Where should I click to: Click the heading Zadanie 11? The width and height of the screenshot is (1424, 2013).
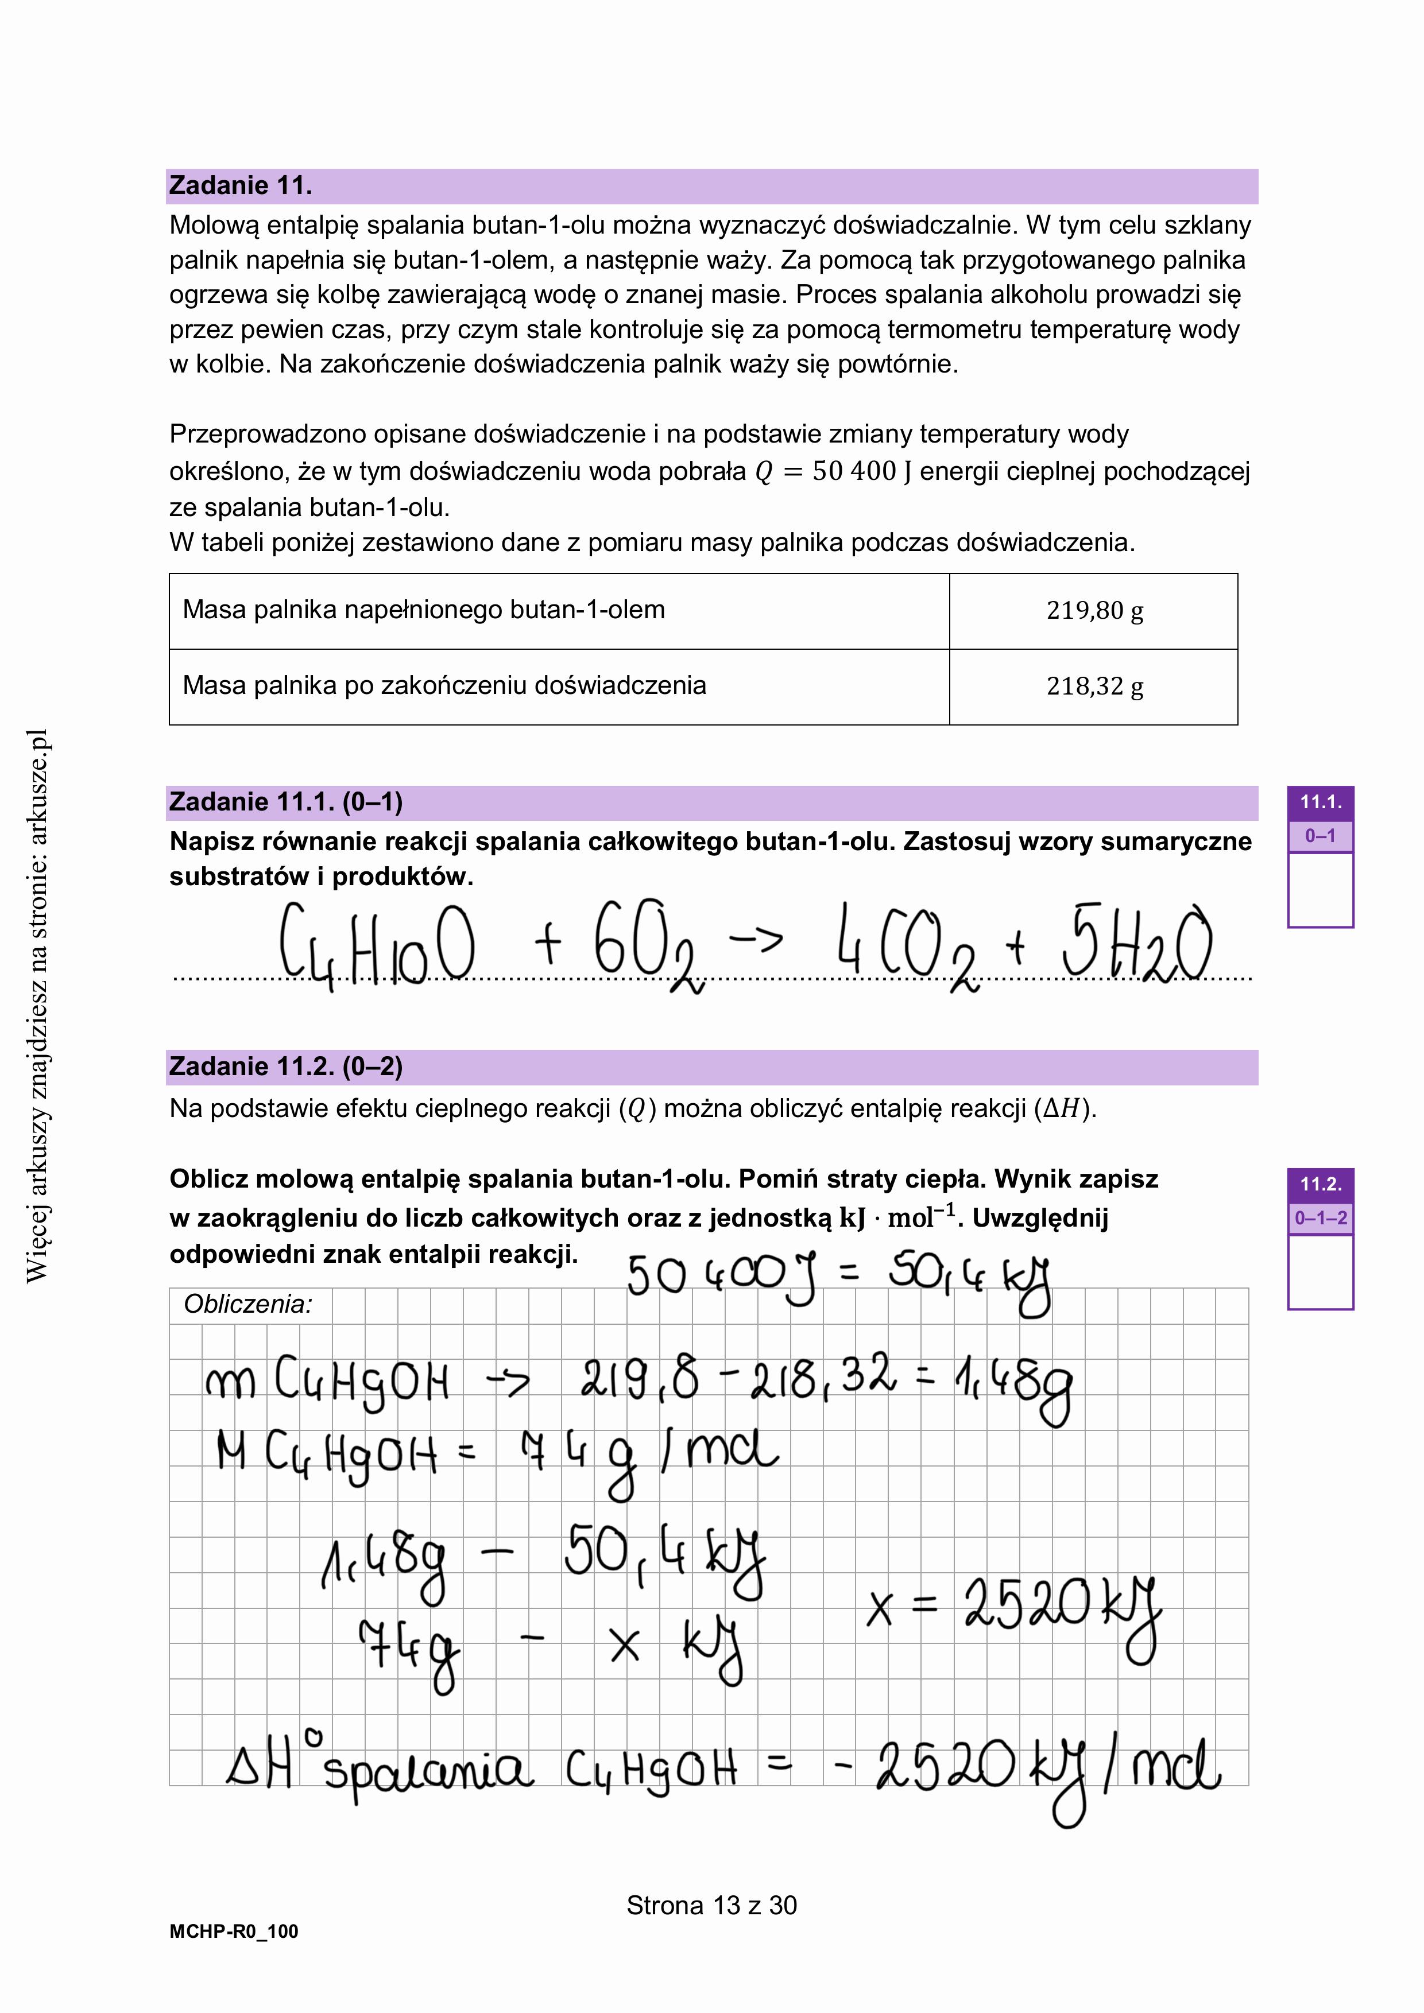240,186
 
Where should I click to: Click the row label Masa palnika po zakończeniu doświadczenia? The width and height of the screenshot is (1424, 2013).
444,685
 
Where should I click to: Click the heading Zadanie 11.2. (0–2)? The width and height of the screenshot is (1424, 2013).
286,1067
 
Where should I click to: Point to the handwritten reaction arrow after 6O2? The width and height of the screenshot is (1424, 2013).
756,939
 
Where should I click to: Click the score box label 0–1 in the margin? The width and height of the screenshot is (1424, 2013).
1319,836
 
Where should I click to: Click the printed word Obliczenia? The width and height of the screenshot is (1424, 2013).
248,1305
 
